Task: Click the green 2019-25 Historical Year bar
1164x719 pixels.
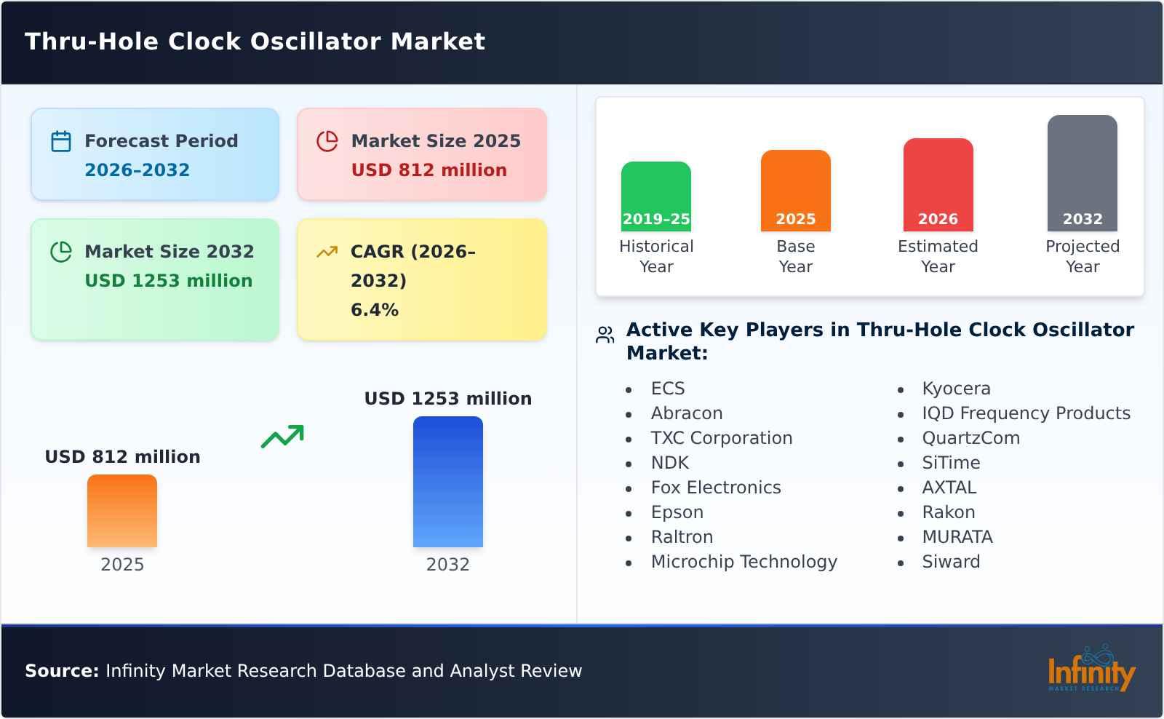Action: pos(655,196)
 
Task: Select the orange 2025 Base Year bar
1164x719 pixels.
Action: pos(795,191)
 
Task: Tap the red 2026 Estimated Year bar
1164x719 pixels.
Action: pos(938,185)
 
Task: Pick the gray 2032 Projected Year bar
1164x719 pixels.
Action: pos(1082,173)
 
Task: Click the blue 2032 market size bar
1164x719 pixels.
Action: pos(447,482)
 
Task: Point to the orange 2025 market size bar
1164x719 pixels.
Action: pos(122,511)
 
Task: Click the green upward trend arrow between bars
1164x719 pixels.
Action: pos(282,437)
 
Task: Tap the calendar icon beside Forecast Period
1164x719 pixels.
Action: pos(61,141)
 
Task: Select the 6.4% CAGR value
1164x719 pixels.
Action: pos(374,310)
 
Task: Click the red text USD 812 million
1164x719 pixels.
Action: pos(428,170)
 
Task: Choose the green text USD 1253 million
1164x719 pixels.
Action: pos(168,281)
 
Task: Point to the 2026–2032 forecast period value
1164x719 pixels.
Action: pos(137,170)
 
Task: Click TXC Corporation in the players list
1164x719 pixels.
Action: pos(721,438)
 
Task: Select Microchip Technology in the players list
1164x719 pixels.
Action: pos(744,562)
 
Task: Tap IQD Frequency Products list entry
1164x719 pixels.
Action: pos(1026,413)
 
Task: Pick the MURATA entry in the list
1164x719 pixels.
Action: pos(957,537)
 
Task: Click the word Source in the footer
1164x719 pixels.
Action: pos(61,671)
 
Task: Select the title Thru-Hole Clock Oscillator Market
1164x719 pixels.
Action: pos(255,41)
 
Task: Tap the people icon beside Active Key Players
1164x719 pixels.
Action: pos(605,335)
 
